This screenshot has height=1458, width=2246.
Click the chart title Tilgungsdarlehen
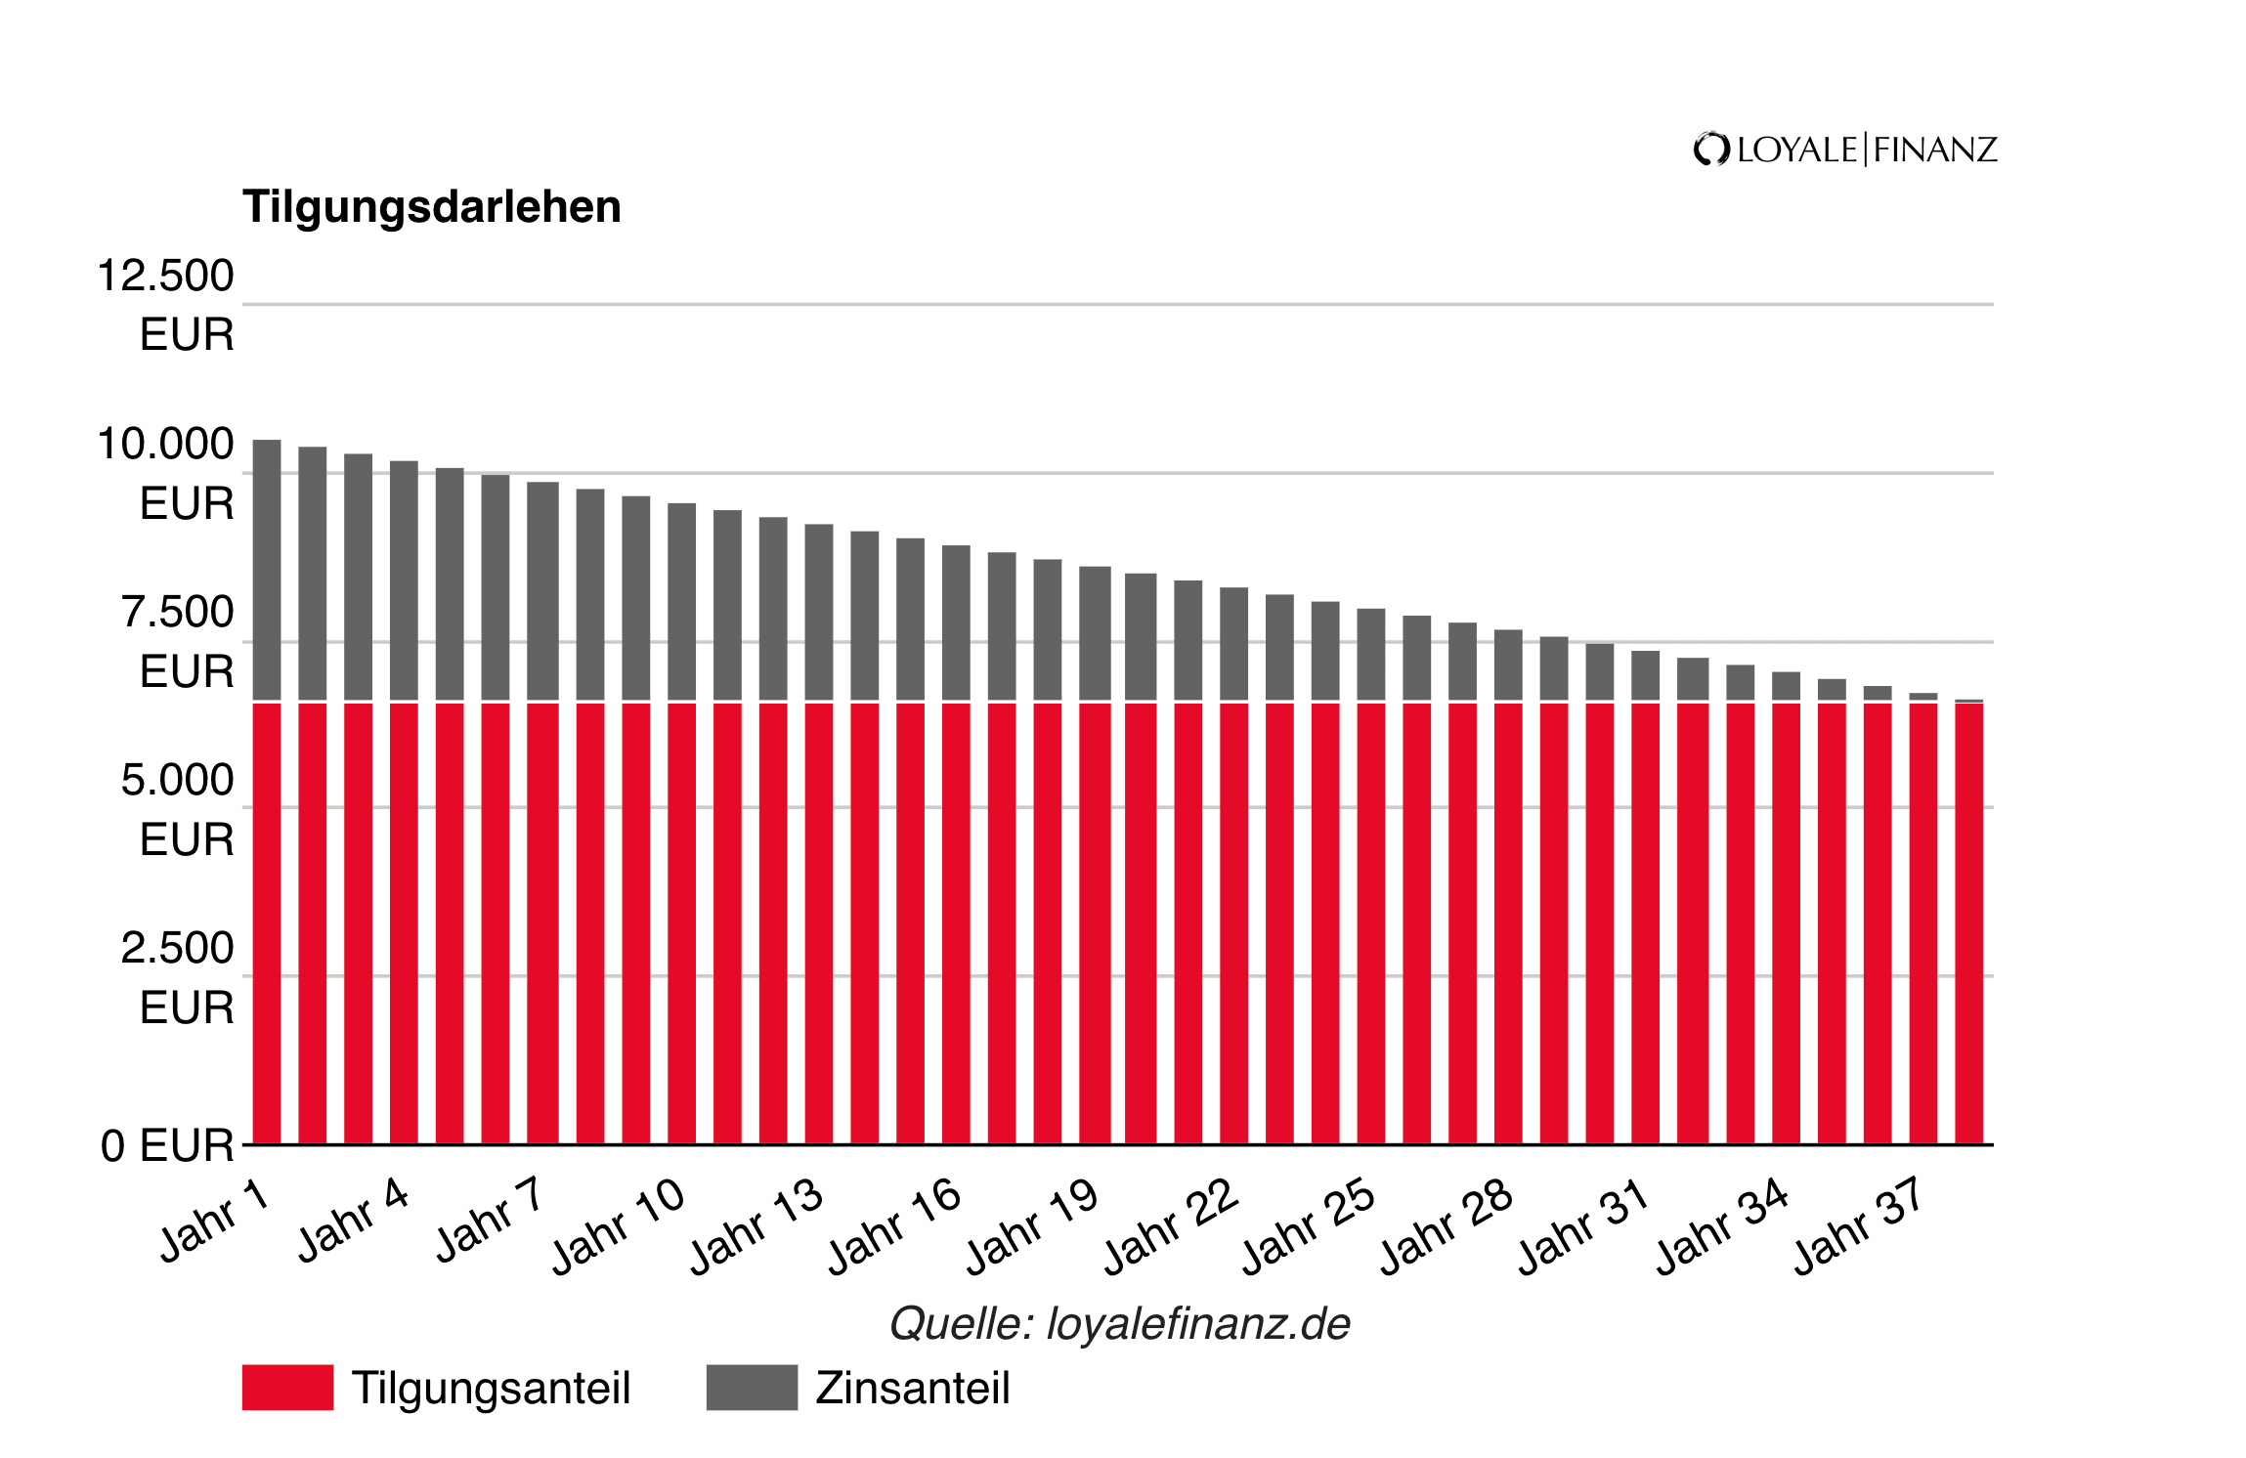click(431, 207)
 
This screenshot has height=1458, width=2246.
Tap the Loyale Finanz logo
click(1845, 150)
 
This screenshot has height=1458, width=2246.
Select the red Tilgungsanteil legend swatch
click(287, 1387)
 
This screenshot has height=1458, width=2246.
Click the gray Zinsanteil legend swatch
click(752, 1387)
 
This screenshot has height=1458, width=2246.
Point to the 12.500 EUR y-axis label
click(167, 304)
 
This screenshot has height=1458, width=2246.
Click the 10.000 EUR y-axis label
click(167, 473)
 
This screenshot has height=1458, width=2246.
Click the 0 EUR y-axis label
click(167, 1145)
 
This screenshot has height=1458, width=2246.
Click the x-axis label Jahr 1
click(214, 1222)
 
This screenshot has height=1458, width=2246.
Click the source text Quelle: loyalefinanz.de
click(1120, 1324)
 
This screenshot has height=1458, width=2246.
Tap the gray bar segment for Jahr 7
click(542, 591)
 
